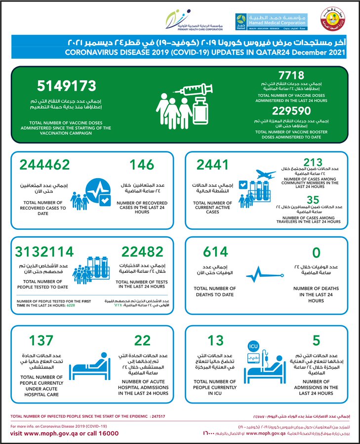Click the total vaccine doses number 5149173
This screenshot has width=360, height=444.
click(66, 86)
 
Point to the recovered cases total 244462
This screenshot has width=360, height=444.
click(44, 165)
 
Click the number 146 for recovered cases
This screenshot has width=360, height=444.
click(142, 165)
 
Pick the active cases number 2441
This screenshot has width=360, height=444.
click(213, 165)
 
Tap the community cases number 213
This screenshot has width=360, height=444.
click(314, 163)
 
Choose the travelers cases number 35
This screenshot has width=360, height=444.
click(314, 199)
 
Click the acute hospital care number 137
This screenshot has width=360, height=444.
click(41, 340)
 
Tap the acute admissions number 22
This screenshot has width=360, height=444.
click(143, 340)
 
